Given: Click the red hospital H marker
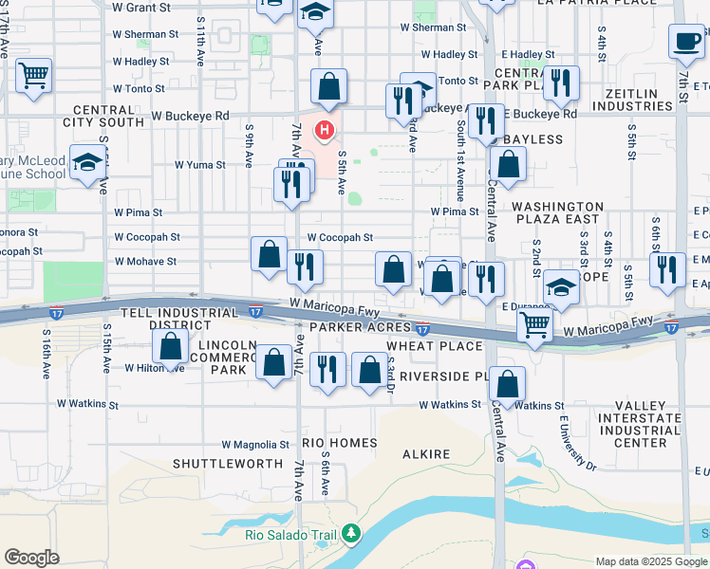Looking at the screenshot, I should pyautogui.click(x=326, y=130).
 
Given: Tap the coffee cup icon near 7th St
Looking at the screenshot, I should pyautogui.click(x=685, y=40).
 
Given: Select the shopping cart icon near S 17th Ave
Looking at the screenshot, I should pyautogui.click(x=33, y=75).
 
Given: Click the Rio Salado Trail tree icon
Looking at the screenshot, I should pyautogui.click(x=351, y=535).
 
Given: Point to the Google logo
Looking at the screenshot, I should pyautogui.click(x=31, y=558).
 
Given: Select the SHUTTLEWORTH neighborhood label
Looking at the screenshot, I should pyautogui.click(x=228, y=463).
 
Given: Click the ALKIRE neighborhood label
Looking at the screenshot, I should pyautogui.click(x=426, y=454).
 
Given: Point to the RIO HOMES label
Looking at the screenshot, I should pyautogui.click(x=340, y=443).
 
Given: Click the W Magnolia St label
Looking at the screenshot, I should pyautogui.click(x=255, y=444).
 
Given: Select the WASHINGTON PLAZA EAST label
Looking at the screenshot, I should pyautogui.click(x=557, y=211).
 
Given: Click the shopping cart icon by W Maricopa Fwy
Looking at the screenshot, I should pyautogui.click(x=535, y=325).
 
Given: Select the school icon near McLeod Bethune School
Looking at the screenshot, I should pyautogui.click(x=87, y=163).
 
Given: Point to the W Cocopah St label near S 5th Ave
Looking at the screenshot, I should pyautogui.click(x=340, y=238).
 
